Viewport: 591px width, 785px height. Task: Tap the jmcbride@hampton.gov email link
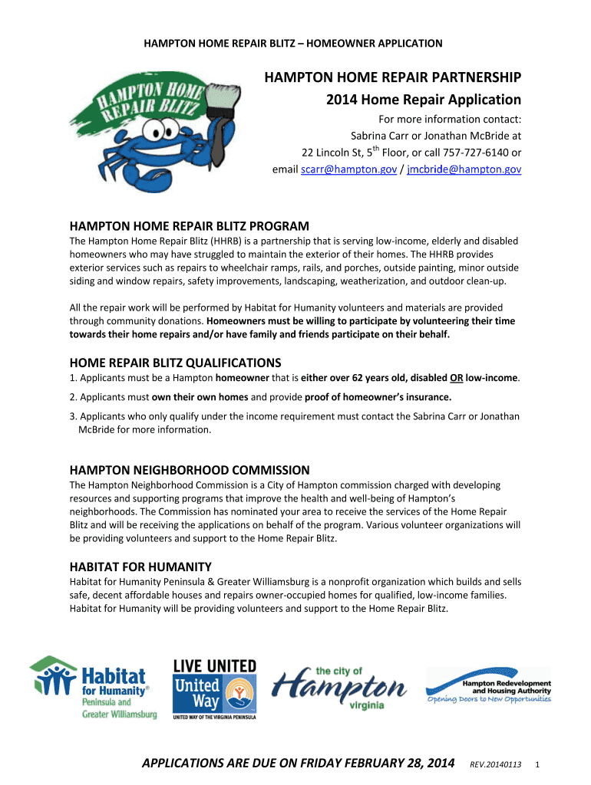click(x=464, y=169)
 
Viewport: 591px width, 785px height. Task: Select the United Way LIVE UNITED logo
click(x=215, y=688)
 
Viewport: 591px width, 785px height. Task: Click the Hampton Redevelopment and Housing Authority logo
click(x=488, y=686)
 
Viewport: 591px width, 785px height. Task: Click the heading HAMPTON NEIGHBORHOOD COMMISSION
click(x=190, y=470)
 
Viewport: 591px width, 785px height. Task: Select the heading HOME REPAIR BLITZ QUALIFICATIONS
click(x=176, y=362)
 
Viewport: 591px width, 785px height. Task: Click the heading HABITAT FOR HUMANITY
click(x=140, y=567)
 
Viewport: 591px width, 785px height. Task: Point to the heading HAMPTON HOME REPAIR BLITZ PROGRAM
click(x=190, y=226)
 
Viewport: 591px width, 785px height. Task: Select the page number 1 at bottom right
click(x=539, y=765)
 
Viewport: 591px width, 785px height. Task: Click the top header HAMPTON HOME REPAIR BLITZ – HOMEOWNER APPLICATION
click(x=293, y=43)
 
